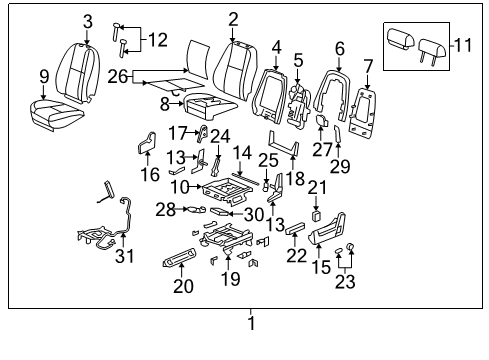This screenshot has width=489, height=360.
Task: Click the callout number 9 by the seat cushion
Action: coord(44,75)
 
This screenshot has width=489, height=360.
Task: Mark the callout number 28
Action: coord(164,209)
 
